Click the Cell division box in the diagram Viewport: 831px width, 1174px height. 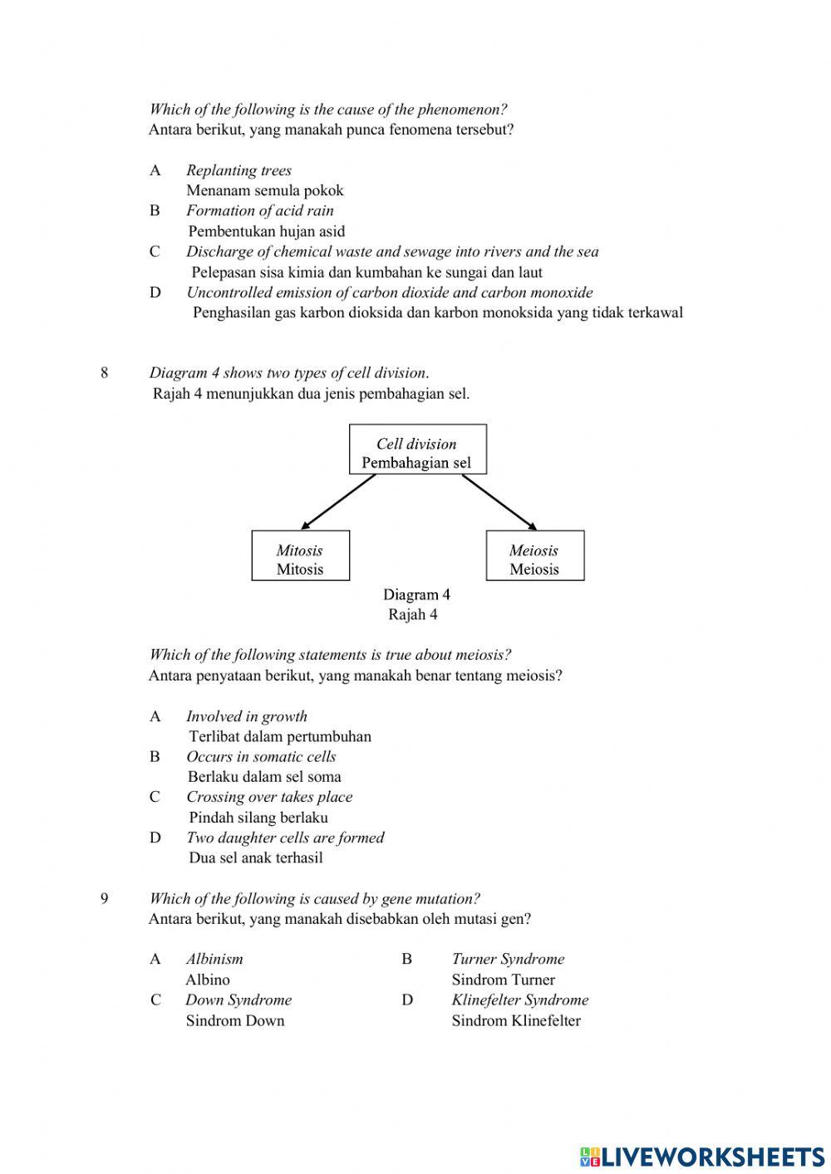click(x=417, y=449)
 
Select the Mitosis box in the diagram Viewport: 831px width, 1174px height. click(x=300, y=556)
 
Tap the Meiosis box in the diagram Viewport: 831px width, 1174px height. click(x=534, y=556)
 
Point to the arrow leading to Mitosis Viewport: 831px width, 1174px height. click(x=338, y=502)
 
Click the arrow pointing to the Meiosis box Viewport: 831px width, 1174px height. click(x=499, y=502)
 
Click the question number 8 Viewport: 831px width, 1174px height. click(x=104, y=372)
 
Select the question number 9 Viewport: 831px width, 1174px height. click(x=104, y=898)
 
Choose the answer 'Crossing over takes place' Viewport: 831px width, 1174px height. click(x=268, y=797)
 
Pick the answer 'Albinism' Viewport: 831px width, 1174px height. click(x=214, y=959)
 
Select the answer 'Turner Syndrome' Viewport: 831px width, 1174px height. click(x=507, y=959)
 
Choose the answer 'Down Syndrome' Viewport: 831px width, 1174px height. click(x=238, y=1000)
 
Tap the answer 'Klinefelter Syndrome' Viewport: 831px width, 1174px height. click(x=519, y=1000)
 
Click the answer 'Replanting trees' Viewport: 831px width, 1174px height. click(x=238, y=170)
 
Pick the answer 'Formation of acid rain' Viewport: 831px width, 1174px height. click(x=259, y=210)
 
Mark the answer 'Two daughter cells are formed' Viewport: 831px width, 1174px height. click(x=284, y=838)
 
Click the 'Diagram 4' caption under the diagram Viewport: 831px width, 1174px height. click(x=416, y=595)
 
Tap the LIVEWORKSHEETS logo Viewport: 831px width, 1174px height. click(x=701, y=1156)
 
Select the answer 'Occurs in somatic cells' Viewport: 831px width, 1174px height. click(x=261, y=756)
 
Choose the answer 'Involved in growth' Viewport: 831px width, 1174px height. click(x=246, y=716)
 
